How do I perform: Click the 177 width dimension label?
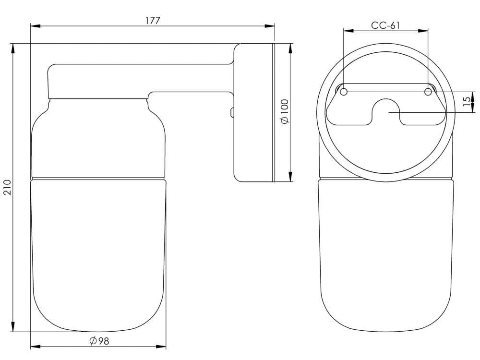tap(153, 20)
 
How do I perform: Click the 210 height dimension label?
tap(7, 187)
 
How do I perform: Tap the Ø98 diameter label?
tap(100, 341)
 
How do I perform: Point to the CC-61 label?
tap(385, 25)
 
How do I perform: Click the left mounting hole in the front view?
tap(344, 91)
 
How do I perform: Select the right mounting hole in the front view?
tap(428, 91)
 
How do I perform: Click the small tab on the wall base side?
tap(231, 112)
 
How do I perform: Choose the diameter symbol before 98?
tap(93, 341)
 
